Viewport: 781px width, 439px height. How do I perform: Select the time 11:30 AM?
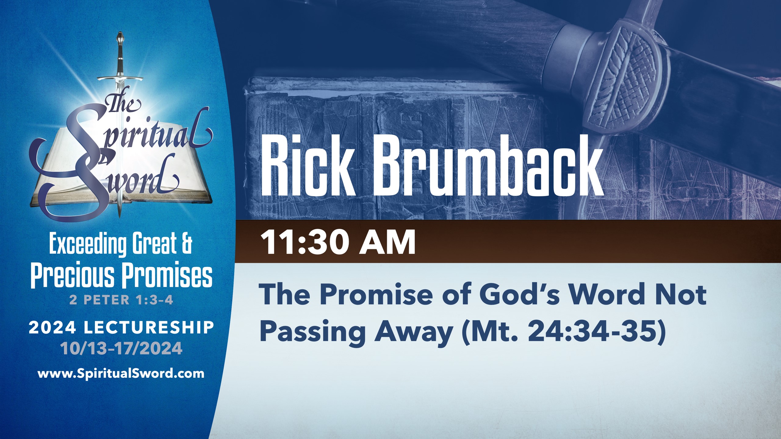pos(337,242)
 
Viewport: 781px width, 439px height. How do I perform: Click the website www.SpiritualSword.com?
pos(121,373)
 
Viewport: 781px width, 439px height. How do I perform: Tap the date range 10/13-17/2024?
pos(121,348)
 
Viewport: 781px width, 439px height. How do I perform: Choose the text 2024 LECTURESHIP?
pos(121,328)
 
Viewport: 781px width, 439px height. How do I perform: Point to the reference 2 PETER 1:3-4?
pos(121,300)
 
